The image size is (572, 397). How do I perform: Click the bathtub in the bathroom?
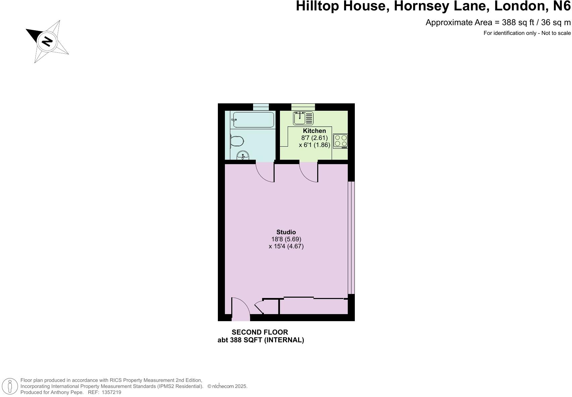pos(253,119)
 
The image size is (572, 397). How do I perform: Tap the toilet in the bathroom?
pos(237,141)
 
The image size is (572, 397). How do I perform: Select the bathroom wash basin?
pos(243,156)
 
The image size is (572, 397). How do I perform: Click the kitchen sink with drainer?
pos(303,118)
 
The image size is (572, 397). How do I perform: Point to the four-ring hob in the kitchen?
pos(341,141)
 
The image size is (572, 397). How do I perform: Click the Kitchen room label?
pos(314,131)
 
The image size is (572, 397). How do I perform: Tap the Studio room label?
pos(286,232)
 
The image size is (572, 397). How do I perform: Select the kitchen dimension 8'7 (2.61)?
pos(314,138)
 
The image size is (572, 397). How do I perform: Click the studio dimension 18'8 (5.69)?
pos(286,239)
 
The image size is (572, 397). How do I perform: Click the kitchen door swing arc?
pos(308,172)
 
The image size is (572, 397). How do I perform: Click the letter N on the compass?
pos(47,41)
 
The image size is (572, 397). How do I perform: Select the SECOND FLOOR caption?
pos(260,332)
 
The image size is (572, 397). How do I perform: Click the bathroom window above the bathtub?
pos(261,107)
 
